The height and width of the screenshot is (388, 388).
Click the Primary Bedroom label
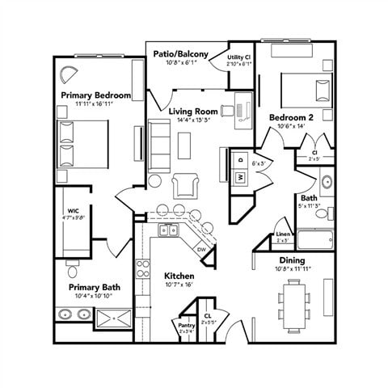[95, 95]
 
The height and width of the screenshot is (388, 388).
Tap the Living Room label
[194, 111]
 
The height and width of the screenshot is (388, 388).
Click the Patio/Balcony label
[181, 54]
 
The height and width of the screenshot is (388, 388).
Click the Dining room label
[292, 260]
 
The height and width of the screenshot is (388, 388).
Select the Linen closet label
[283, 234]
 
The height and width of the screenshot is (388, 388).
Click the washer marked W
[240, 177]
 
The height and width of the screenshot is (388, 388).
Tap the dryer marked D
[240, 160]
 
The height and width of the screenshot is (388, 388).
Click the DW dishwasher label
[201, 250]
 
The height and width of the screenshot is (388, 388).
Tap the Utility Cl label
[238, 57]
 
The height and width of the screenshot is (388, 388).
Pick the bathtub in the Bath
[314, 239]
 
